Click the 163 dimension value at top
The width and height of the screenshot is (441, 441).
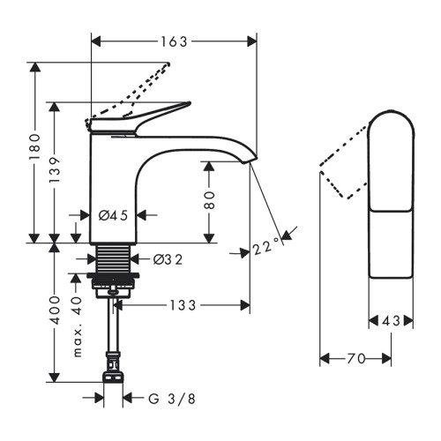point(174,41)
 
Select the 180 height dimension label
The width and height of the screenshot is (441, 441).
point(35,146)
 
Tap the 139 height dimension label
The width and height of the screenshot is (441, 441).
point(55,169)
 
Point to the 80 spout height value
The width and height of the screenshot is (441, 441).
point(209,200)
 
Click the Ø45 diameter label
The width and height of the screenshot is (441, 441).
point(113,215)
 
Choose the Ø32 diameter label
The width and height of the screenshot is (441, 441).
point(168,259)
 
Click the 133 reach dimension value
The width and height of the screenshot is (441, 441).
point(183,305)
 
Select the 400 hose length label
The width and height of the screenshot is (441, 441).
point(55,310)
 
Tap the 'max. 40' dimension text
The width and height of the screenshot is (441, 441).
point(77,327)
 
